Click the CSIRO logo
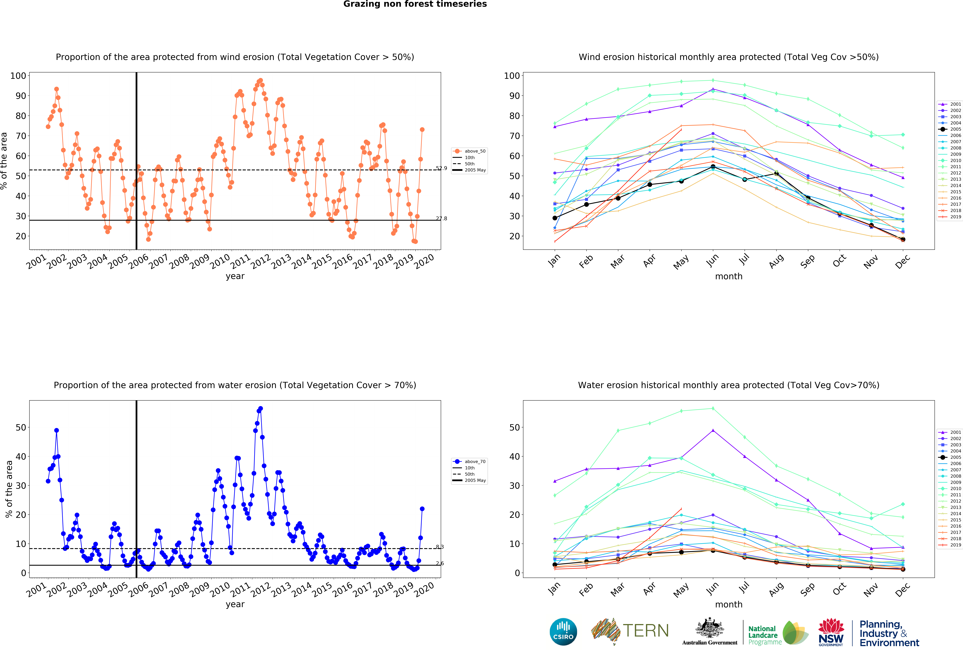click(x=563, y=632)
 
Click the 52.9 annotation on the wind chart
click(x=441, y=168)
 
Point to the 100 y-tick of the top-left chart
click(x=18, y=76)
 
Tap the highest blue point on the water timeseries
click(x=260, y=409)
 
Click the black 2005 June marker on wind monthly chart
click(x=713, y=167)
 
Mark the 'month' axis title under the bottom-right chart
click(x=728, y=604)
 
